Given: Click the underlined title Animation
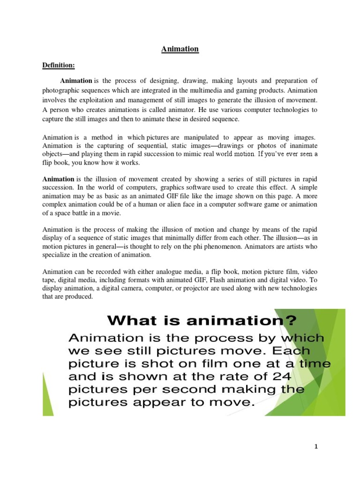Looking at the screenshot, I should point(180,49).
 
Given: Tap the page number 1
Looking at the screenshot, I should point(316,447).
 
